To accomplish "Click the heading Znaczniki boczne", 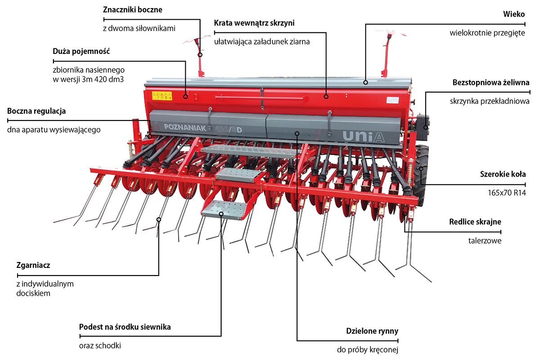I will [x=133, y=9].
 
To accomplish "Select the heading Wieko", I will [x=514, y=14].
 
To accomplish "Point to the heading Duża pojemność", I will [x=81, y=51].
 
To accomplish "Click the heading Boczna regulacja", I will [x=37, y=111].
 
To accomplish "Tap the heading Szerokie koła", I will [x=503, y=174].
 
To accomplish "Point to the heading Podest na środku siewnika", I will [x=125, y=327].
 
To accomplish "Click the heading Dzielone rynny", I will [x=372, y=331].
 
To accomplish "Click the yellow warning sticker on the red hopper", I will [x=162, y=95].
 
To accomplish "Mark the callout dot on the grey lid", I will [x=366, y=82].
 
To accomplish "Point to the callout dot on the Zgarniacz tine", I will [x=159, y=219].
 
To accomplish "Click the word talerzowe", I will [x=485, y=241].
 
